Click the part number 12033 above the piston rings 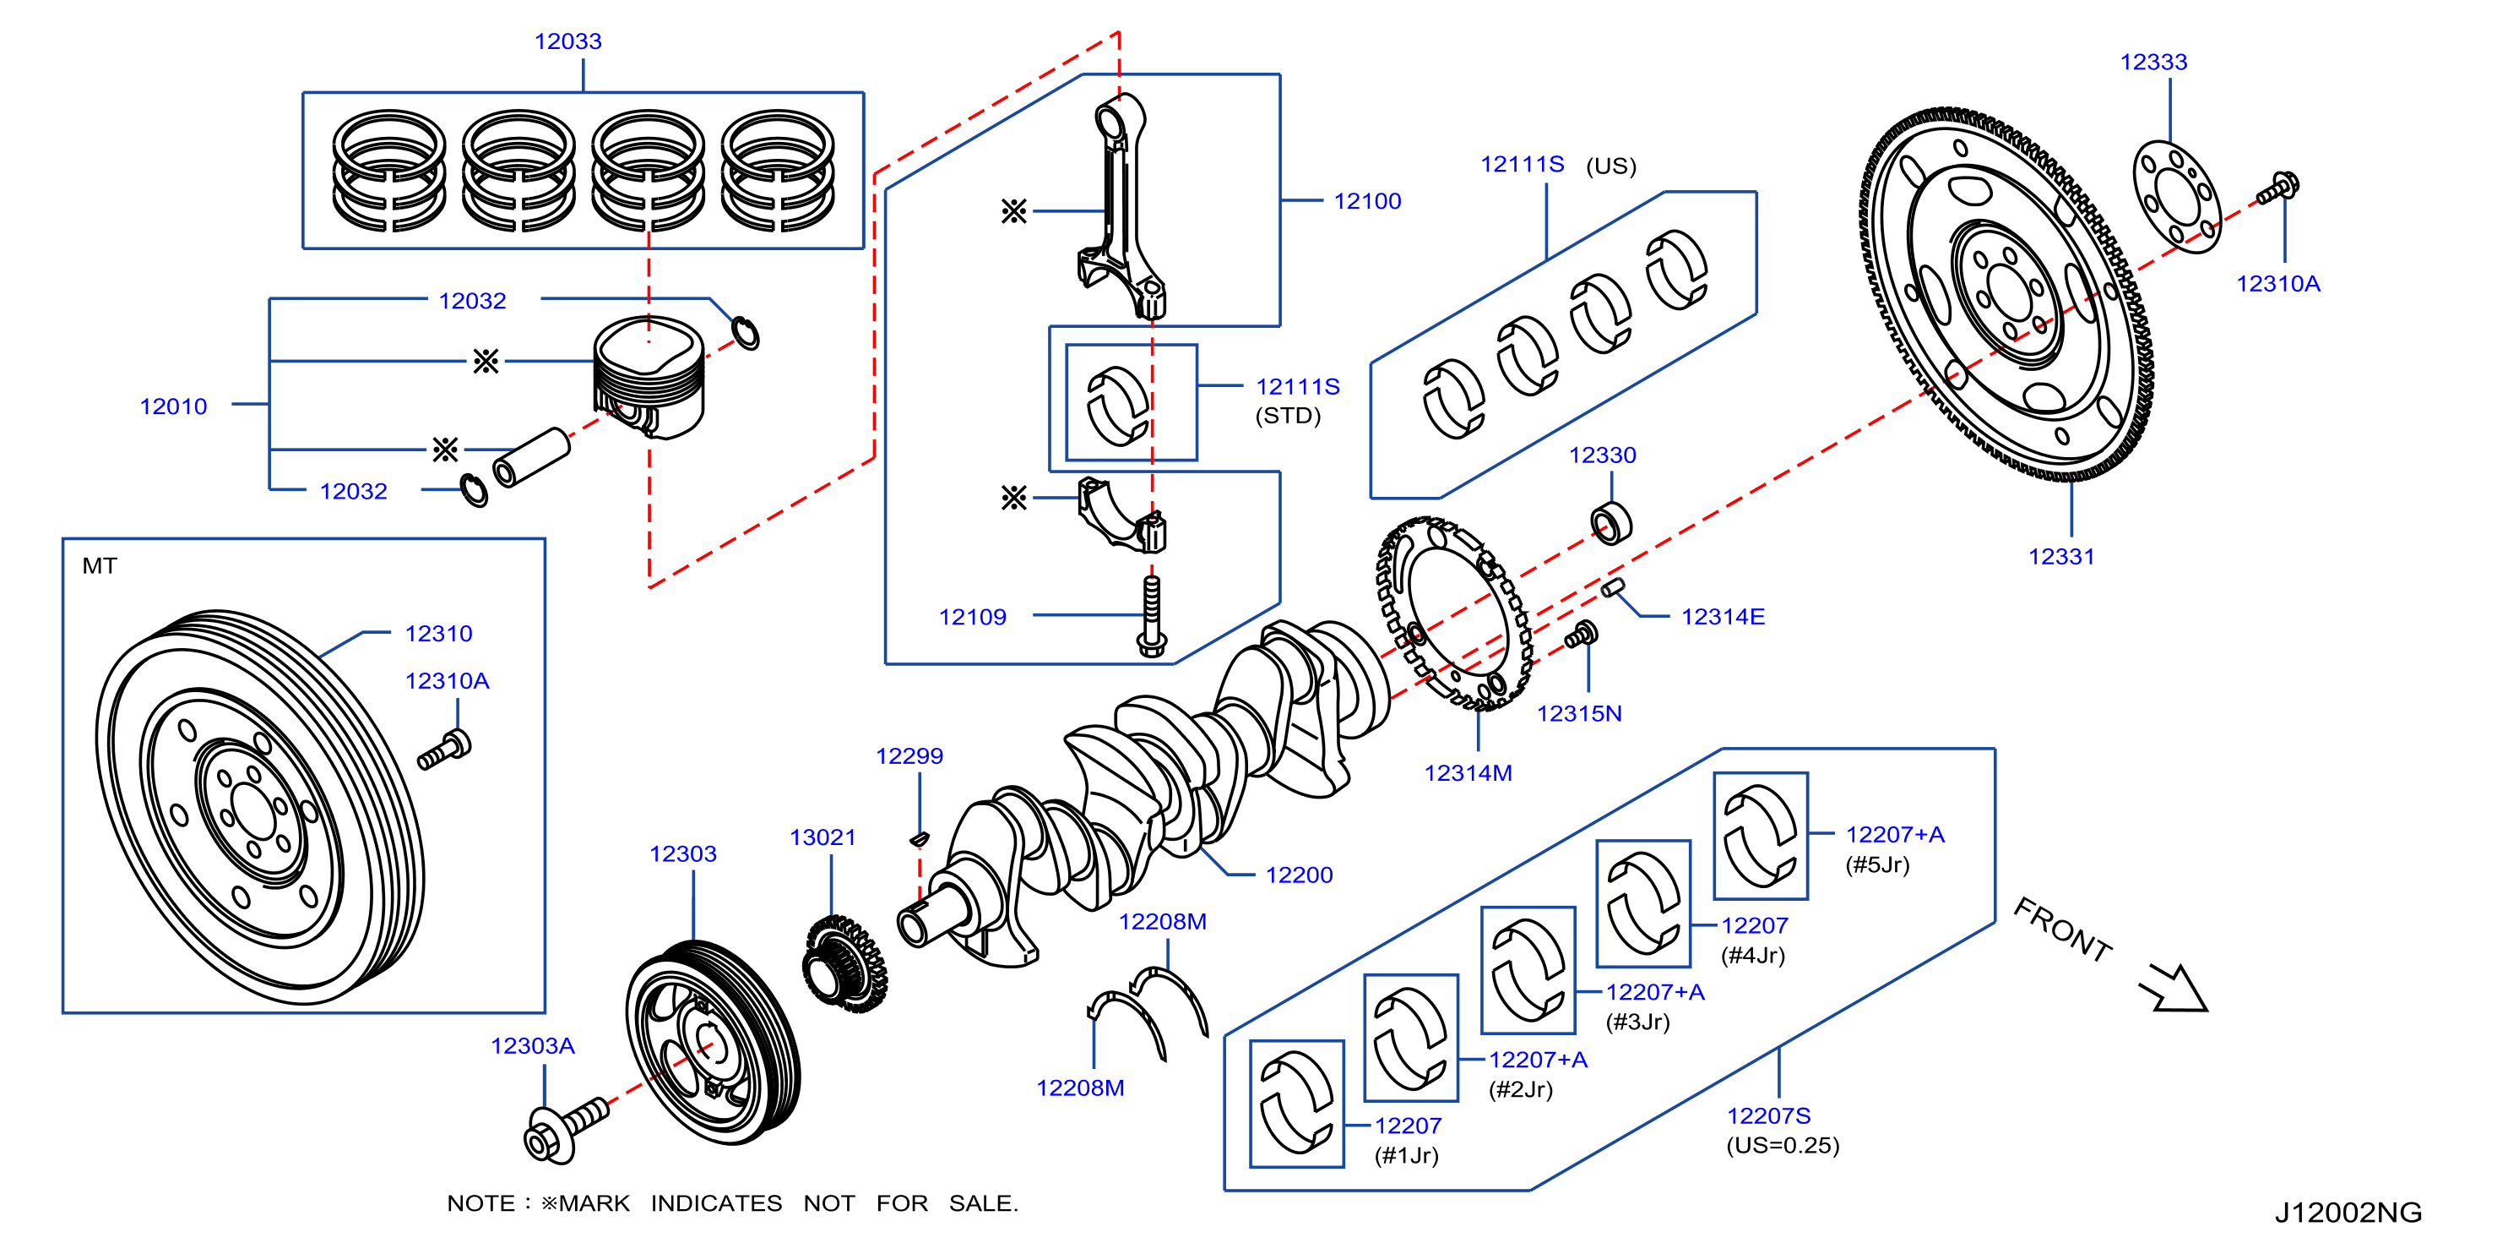click(x=567, y=41)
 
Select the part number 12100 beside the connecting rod click(x=1367, y=201)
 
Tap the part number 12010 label click(x=173, y=407)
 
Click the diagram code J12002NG click(x=2348, y=1213)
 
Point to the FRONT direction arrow click(x=2173, y=988)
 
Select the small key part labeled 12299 click(x=920, y=837)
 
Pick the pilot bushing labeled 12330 click(x=1610, y=522)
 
